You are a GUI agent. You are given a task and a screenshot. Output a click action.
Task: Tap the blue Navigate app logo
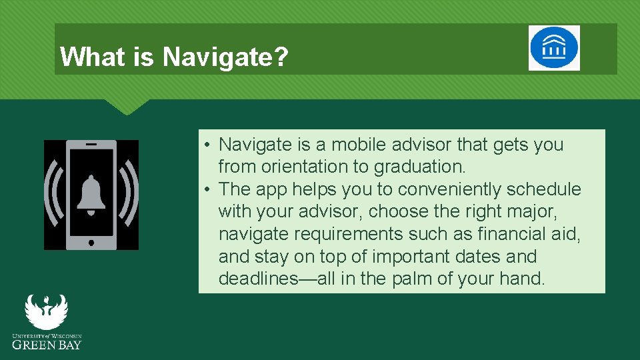click(554, 48)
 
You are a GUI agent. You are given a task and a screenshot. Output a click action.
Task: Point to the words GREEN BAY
click(47, 345)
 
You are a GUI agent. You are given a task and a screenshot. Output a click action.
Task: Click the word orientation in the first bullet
click(291, 167)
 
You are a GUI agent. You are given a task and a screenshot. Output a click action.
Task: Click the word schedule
click(543, 189)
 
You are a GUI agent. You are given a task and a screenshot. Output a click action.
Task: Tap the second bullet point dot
click(209, 190)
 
